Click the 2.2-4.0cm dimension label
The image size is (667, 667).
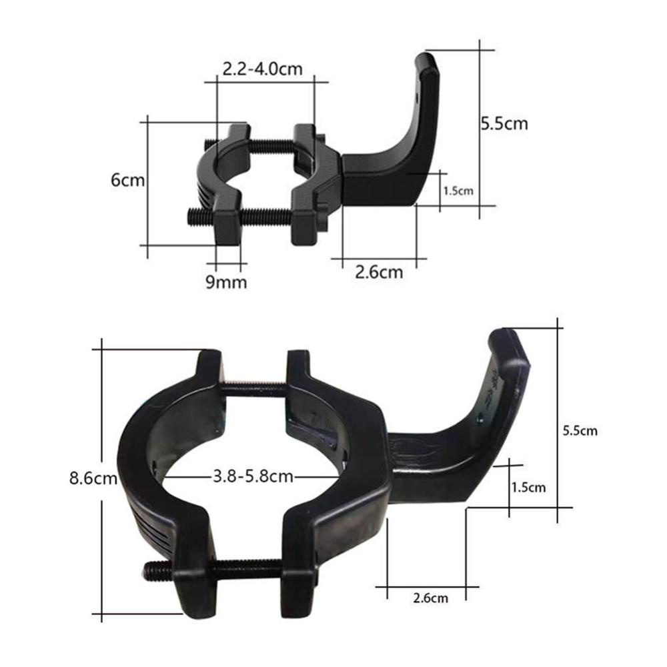(262, 69)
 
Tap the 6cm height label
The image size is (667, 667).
(127, 180)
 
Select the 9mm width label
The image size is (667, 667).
(226, 282)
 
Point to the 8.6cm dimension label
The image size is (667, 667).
(93, 478)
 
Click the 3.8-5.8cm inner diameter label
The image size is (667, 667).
(253, 476)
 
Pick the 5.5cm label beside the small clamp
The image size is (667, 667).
(504, 123)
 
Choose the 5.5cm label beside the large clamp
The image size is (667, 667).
(580, 430)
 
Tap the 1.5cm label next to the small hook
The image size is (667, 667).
(458, 191)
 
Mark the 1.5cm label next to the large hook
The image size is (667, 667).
(528, 487)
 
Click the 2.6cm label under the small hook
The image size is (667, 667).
(379, 272)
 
